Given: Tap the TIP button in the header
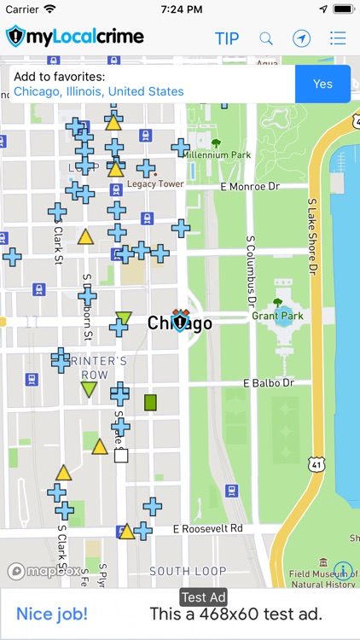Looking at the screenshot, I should [x=227, y=38].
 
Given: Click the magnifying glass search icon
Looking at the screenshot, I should [x=266, y=38].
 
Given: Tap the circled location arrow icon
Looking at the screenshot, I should [x=301, y=38].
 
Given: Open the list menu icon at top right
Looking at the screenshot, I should [x=338, y=38].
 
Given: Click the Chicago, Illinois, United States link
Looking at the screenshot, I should [x=98, y=91].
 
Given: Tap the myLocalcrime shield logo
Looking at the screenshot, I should [x=16, y=38].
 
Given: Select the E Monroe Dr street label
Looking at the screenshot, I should [x=249, y=185].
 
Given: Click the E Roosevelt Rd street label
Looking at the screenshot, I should [x=208, y=529].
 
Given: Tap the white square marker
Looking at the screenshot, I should [x=121, y=456].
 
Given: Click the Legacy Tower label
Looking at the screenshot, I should [x=155, y=183].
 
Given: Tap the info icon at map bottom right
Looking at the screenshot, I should [x=343, y=570].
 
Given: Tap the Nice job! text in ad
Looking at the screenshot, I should [x=52, y=614].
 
